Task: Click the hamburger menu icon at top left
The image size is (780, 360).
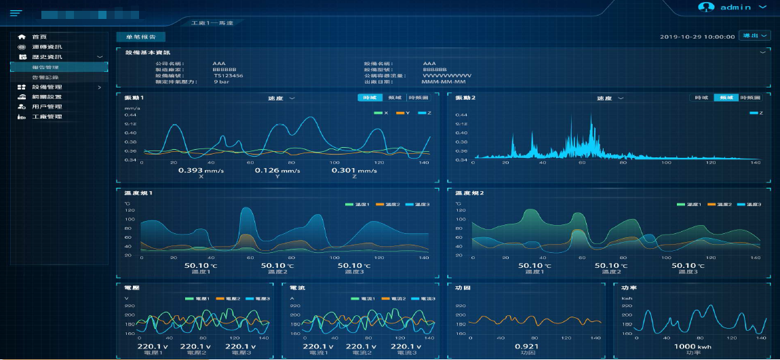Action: pyautogui.click(x=16, y=13)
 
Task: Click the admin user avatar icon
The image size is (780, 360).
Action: pyautogui.click(x=707, y=7)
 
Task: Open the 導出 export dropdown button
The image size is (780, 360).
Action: pyautogui.click(x=754, y=36)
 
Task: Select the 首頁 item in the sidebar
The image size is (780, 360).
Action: pyautogui.click(x=41, y=37)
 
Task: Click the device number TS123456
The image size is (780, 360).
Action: pyautogui.click(x=228, y=75)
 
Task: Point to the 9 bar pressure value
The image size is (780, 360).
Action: pyautogui.click(x=220, y=81)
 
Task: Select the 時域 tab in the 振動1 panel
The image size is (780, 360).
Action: pyautogui.click(x=370, y=98)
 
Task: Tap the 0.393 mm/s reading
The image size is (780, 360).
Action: pyautogui.click(x=201, y=170)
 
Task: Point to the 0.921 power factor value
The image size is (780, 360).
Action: pyautogui.click(x=523, y=346)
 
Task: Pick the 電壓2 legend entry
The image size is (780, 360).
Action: pyautogui.click(x=229, y=298)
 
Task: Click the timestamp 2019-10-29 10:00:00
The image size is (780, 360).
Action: pyautogui.click(x=697, y=37)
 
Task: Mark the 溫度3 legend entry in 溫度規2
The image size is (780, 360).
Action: pyautogui.click(x=749, y=204)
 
